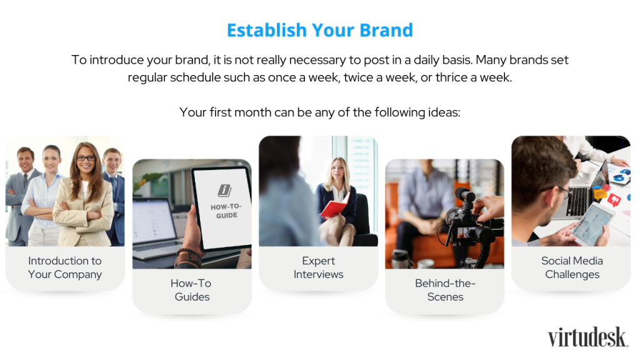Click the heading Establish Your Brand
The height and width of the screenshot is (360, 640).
[320, 30]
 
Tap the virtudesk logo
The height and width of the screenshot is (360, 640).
[587, 337]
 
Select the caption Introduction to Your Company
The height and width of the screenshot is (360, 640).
[65, 267]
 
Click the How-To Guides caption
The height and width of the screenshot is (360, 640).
[191, 290]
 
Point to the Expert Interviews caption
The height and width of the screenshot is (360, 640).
[318, 267]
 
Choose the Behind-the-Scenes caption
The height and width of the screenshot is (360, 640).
[445, 290]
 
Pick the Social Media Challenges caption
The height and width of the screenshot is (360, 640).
[572, 267]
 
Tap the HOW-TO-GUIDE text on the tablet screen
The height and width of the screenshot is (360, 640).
[226, 211]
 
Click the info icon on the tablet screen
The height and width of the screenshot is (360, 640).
[224, 190]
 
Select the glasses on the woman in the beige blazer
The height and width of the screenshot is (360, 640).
[85, 158]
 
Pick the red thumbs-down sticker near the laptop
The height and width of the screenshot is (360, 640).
[614, 199]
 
